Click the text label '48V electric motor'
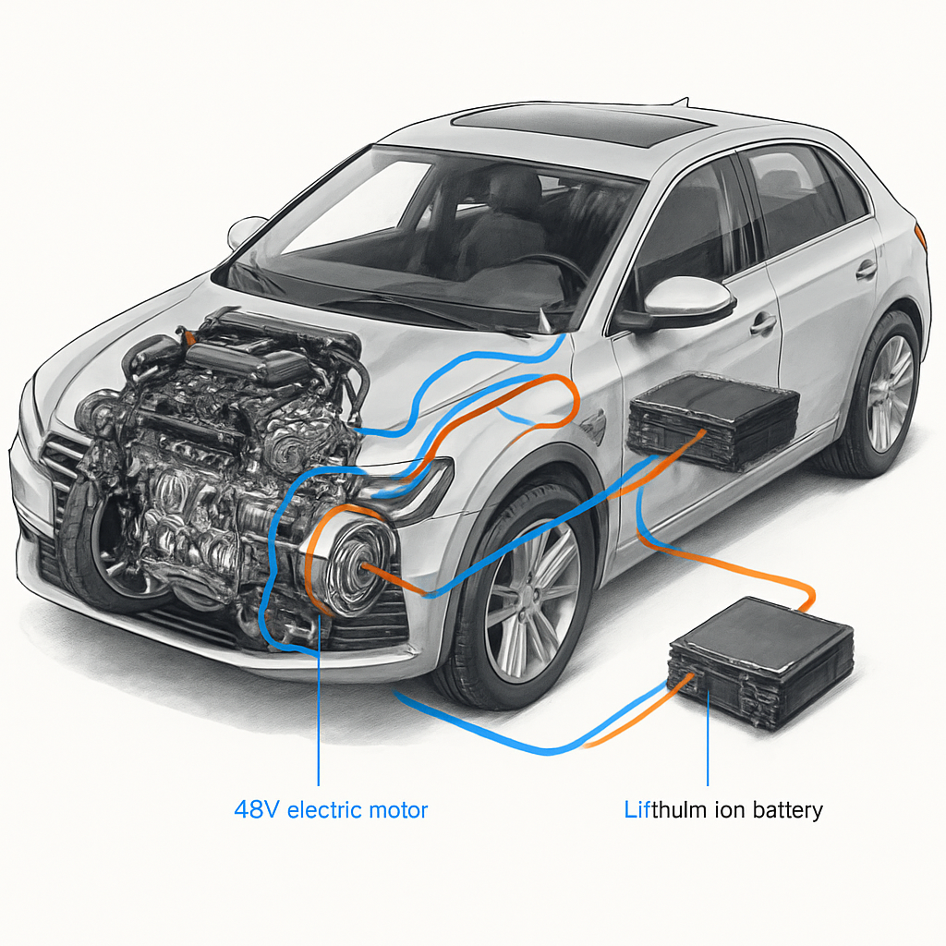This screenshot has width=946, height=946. (x=331, y=811)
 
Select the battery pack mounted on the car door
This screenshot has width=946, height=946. (x=712, y=422)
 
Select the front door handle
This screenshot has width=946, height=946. (x=763, y=324)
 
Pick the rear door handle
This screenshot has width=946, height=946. (x=866, y=270)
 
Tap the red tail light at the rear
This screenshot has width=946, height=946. (x=920, y=235)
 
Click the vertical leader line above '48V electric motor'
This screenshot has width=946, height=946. (x=318, y=711)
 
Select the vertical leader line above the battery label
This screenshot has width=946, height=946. (x=708, y=739)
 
